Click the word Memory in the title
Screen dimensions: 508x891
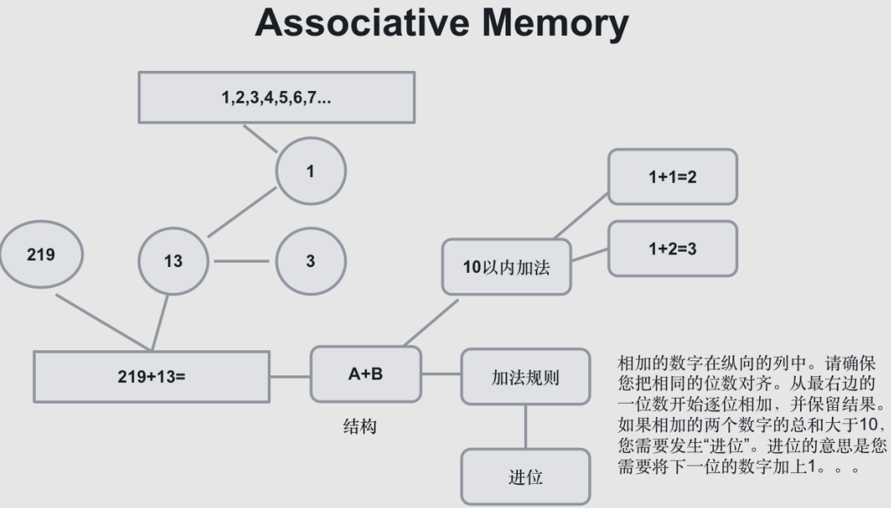557,23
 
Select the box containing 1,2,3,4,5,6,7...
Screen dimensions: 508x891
276,97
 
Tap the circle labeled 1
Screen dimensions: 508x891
310,171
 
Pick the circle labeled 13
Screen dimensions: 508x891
173,261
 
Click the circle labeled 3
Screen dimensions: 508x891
310,261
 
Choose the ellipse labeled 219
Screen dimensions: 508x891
41,254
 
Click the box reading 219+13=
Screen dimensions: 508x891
151,376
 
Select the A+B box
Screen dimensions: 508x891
365,374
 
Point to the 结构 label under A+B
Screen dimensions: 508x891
360,426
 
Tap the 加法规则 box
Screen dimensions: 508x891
525,377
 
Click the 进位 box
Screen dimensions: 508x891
526,477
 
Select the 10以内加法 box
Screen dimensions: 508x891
506,267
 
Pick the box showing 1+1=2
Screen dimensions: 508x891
672,177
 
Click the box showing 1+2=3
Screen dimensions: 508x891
672,249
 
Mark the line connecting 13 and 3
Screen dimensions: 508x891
242,261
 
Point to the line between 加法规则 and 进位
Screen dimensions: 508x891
526,426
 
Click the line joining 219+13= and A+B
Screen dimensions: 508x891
289,376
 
